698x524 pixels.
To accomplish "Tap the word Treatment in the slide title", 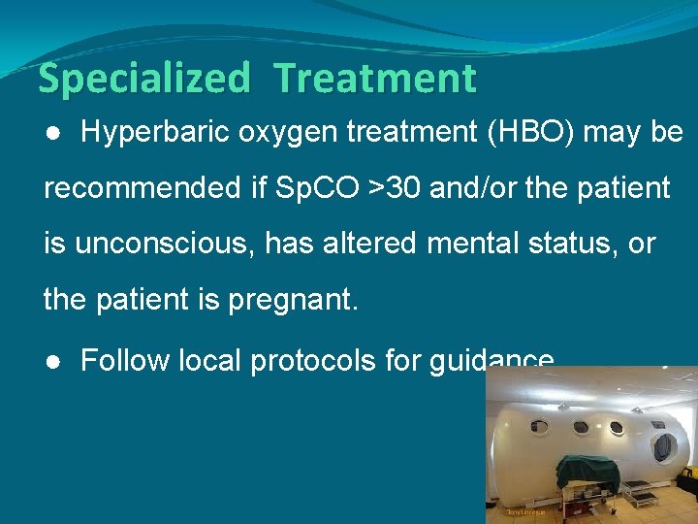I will pyautogui.click(x=375, y=79).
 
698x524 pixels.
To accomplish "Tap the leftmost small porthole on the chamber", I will pyautogui.click(x=541, y=427).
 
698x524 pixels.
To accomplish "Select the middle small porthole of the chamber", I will pyautogui.click(x=583, y=426).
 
